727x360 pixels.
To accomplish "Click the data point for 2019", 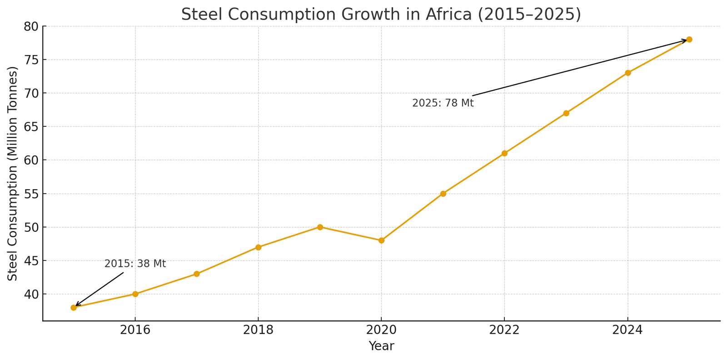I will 320,227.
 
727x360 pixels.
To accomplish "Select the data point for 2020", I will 381,240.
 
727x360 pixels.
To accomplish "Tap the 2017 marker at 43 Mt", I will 197,274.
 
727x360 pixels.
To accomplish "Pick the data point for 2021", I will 443,194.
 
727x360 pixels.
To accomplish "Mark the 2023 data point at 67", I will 566,113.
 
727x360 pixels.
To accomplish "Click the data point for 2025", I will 689,40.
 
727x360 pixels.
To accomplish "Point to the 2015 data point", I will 74,307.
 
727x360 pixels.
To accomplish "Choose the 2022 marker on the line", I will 504,153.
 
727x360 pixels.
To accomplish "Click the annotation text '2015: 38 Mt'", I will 135,264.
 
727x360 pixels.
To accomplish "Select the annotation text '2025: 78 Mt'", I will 443,103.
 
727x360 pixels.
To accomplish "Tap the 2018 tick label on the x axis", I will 258,330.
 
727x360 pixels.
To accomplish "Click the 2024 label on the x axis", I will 627,330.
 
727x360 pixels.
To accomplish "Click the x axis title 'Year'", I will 381,346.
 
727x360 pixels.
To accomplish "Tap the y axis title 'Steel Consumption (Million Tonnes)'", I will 13,173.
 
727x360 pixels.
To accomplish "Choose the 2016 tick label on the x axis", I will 135,330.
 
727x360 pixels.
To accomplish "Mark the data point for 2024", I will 627,73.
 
